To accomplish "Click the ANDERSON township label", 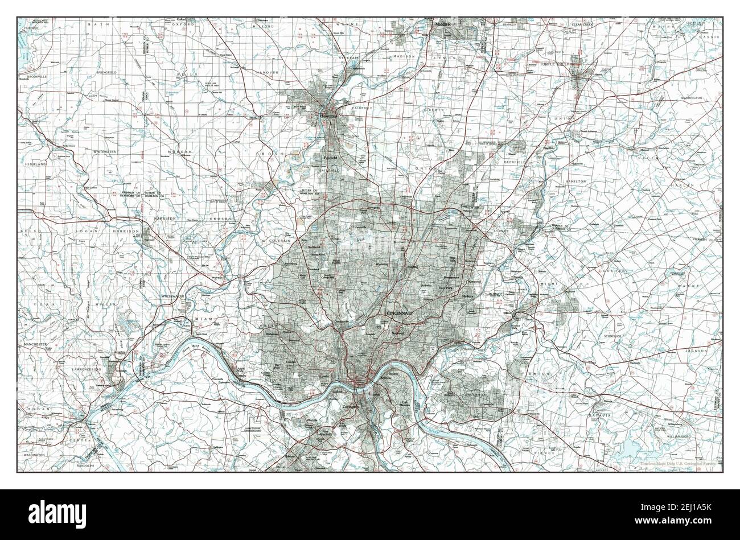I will (x=474, y=394).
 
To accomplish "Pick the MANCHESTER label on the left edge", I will (x=39, y=345).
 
